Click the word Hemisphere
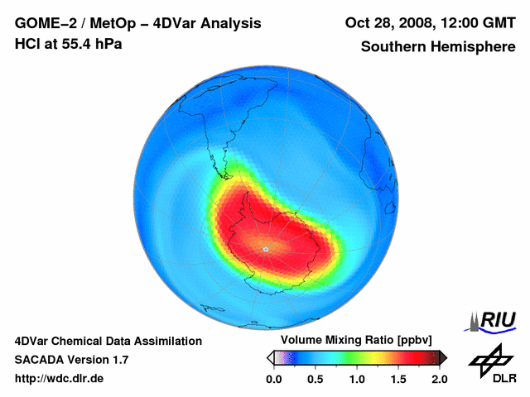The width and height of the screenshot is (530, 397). coord(475,46)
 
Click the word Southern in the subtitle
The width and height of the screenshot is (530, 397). coord(392,46)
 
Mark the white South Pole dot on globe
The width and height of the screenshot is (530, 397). coord(265,249)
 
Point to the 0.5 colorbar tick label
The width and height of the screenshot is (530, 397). coord(315,379)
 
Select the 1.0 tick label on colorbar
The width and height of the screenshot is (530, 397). coord(357,379)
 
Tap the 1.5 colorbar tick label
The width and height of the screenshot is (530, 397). coord(398,379)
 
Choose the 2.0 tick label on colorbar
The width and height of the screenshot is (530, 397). coord(439,379)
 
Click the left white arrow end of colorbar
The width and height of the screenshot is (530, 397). coord(270,357)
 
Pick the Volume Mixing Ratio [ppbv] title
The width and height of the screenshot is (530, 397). coord(352,340)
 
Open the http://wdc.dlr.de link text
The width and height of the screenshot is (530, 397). coord(60,379)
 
